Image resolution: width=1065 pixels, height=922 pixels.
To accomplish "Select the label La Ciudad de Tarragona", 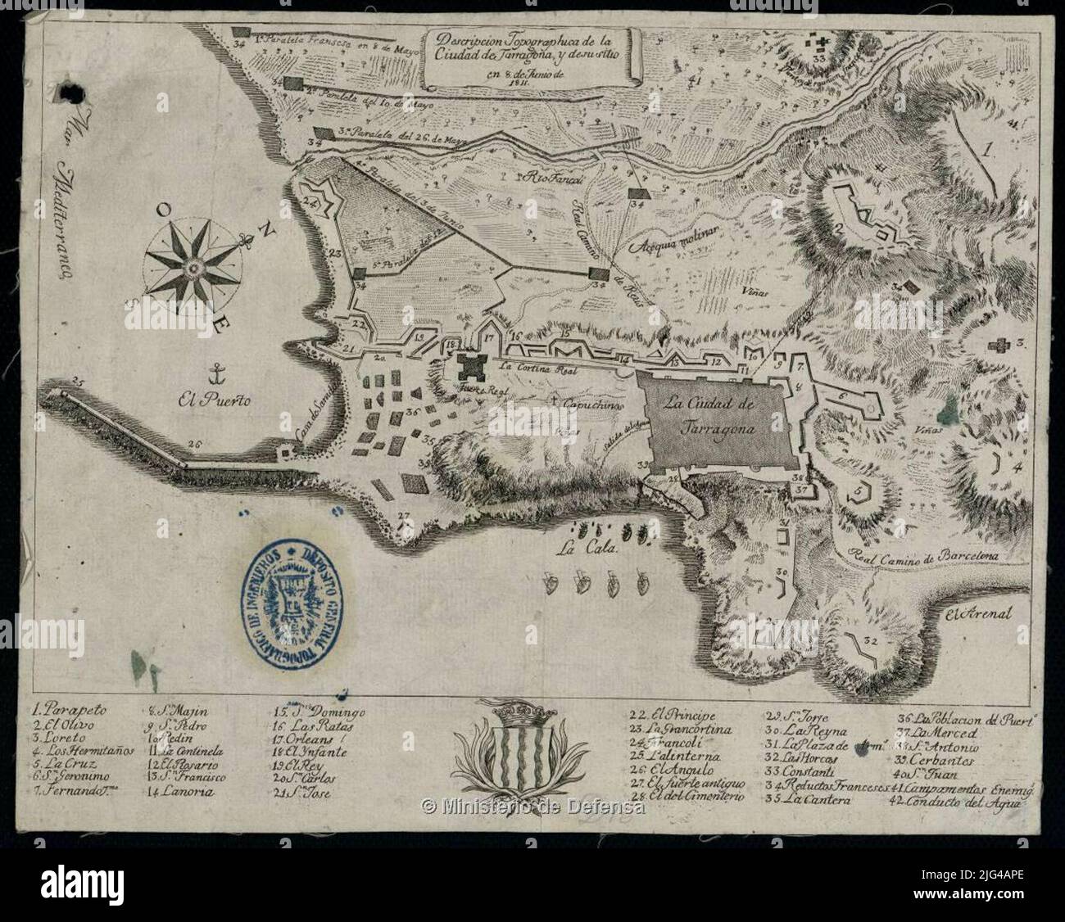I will (x=709, y=415).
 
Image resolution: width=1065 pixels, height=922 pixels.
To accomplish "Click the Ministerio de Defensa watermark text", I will (x=532, y=807).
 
